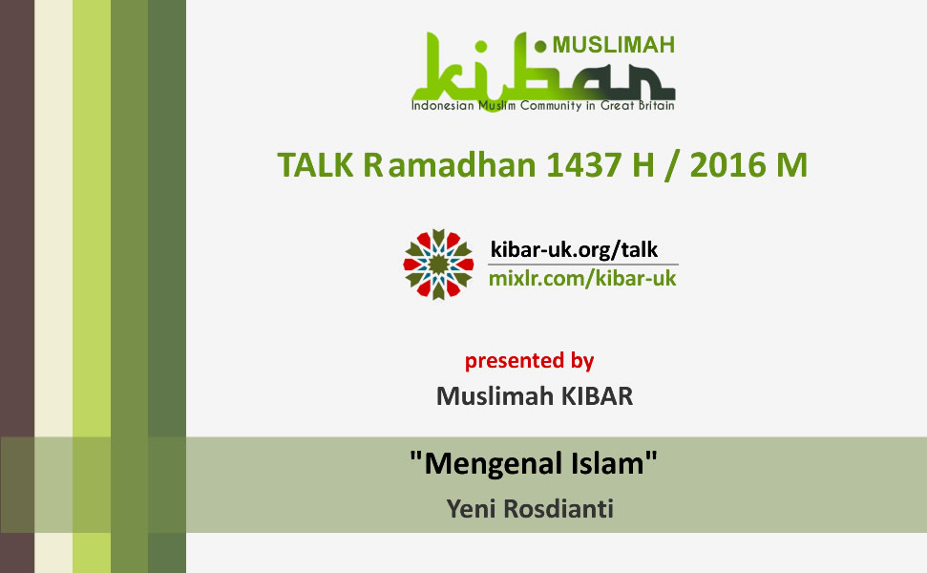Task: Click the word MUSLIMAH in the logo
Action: pos(613,45)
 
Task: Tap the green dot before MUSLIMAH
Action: pos(539,46)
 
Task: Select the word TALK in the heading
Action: pos(315,164)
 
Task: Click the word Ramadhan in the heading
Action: pos(450,164)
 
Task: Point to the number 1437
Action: pos(583,164)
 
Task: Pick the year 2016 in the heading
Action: pos(727,164)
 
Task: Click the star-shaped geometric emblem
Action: pos(438,265)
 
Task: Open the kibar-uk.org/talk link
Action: pos(574,250)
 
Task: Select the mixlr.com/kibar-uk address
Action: pos(582,279)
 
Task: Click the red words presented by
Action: pos(529,361)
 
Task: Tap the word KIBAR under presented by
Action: pos(597,396)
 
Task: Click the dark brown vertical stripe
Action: pos(17,286)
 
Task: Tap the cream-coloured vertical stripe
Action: pos(53,286)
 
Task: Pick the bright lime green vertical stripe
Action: pos(92,286)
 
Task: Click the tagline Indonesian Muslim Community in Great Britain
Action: pos(542,106)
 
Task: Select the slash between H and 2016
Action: pos(671,165)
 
